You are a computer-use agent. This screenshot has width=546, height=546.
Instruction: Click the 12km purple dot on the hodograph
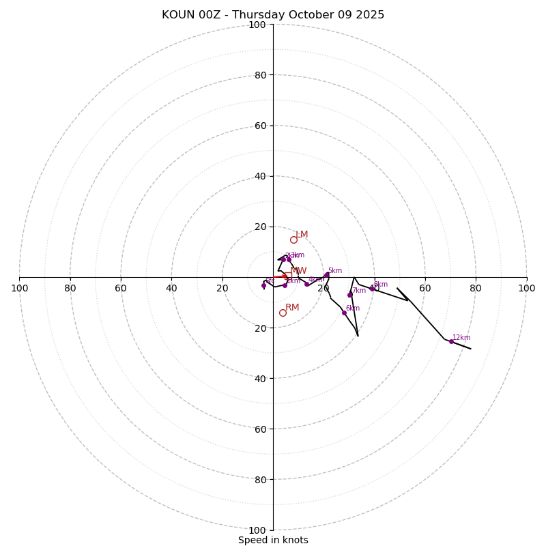point(451,341)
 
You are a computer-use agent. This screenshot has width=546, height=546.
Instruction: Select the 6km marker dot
point(344,313)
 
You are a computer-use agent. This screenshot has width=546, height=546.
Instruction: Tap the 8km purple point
point(372,289)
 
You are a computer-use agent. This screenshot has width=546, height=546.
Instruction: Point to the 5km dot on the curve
point(327,275)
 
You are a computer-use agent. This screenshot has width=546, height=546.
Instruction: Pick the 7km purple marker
point(350,295)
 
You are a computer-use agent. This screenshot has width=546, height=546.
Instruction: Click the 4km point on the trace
point(306,284)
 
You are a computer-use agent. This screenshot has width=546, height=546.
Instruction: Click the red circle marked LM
point(293,240)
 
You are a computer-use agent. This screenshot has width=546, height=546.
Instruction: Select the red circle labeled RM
point(283,313)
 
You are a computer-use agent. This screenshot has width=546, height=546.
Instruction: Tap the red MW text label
point(298,271)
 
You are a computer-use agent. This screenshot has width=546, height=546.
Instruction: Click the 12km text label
point(461,337)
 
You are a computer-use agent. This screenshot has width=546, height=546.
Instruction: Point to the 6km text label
point(352,308)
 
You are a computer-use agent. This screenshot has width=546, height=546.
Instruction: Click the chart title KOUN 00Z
point(273,15)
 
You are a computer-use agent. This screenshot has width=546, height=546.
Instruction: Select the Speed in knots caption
point(273,540)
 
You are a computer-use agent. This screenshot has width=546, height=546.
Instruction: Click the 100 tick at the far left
point(19,288)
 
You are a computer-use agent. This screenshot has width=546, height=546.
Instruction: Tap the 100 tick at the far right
point(527,288)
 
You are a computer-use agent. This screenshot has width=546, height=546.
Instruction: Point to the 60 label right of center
point(425,288)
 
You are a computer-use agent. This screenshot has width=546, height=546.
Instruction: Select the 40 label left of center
point(171,288)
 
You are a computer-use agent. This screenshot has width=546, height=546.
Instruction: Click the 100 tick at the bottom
point(257,530)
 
